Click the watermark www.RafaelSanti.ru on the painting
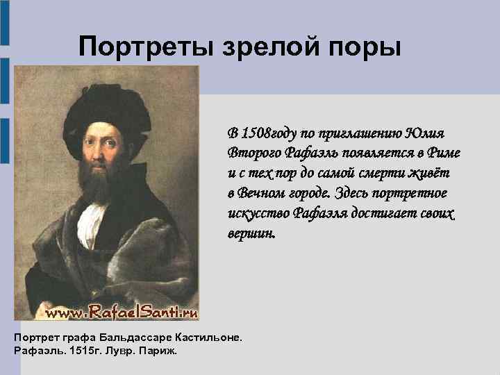pyautogui.click(x=122, y=313)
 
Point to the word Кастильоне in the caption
pyautogui.click(x=207, y=337)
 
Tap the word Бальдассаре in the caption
pyautogui.click(x=137, y=337)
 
